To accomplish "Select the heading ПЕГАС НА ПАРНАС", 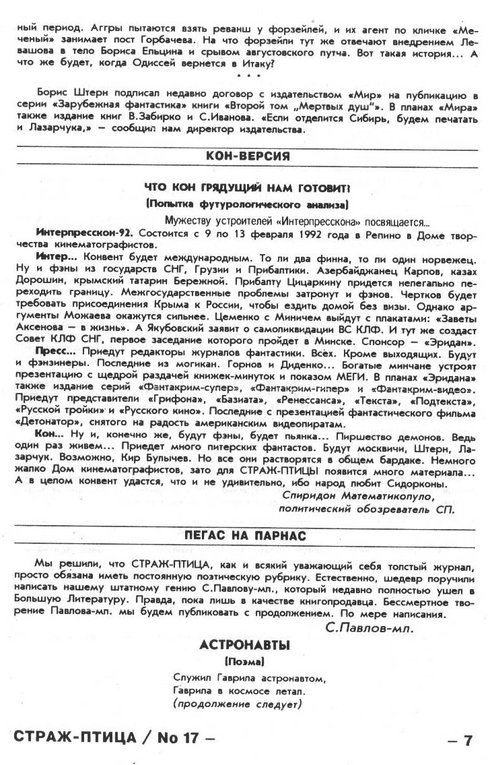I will click(246, 536).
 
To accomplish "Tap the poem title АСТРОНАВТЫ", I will click(244, 645).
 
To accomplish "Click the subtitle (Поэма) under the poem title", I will click(244, 661).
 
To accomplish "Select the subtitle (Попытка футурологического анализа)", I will click(245, 203).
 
